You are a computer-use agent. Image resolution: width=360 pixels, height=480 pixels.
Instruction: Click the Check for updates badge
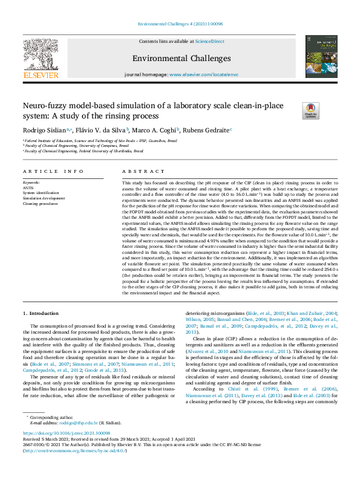point(310,109)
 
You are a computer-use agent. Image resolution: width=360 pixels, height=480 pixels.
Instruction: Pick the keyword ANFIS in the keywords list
point(28,187)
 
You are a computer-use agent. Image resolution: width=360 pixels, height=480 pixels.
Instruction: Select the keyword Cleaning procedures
point(41,204)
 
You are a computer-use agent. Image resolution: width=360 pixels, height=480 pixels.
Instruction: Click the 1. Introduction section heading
point(41,314)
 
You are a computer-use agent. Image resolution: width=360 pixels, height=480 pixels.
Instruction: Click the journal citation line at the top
point(180,24)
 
